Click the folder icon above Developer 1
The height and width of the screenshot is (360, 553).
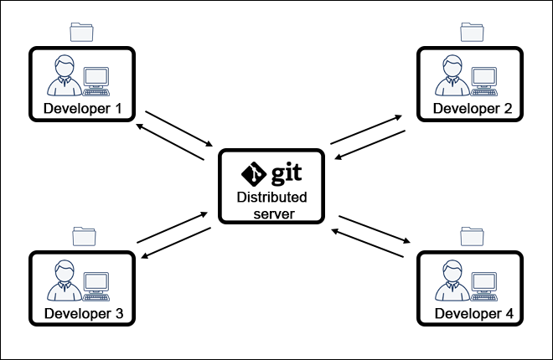82,32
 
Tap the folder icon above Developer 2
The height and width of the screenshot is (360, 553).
472,32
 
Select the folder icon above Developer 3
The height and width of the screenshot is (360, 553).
83,235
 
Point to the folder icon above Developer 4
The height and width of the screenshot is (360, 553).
471,235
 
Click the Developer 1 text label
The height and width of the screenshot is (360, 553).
82,109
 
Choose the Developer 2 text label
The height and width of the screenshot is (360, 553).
471,109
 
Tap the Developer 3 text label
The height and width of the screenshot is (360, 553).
83,313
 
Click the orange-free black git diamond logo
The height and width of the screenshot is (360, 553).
253,173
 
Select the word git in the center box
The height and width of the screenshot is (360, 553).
286,173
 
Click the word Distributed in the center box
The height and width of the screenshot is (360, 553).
271,198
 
